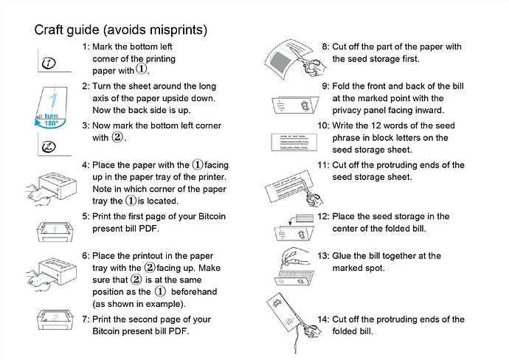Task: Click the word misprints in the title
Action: (x=179, y=30)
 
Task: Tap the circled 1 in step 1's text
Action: (x=142, y=70)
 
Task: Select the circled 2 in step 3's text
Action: (x=117, y=137)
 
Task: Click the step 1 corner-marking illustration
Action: (x=49, y=63)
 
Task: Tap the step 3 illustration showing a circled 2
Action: (x=49, y=146)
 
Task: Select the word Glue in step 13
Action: (x=344, y=256)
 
